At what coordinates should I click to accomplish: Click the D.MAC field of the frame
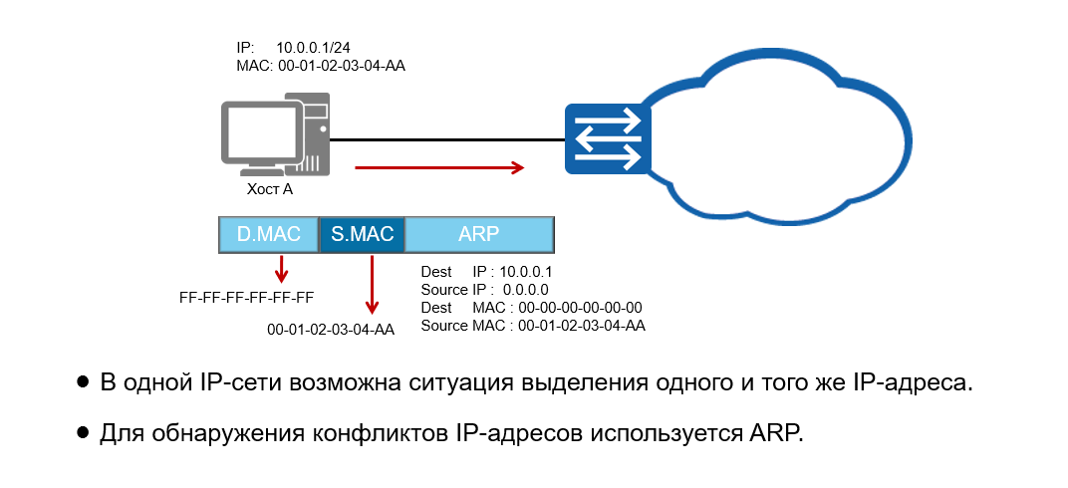(x=269, y=235)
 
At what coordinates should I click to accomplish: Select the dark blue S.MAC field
(x=363, y=235)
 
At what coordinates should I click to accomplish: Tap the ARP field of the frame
(x=479, y=235)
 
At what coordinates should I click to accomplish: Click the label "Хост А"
(x=269, y=188)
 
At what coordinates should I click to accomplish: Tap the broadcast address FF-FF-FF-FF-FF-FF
(x=247, y=297)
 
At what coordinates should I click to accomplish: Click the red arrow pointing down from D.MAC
(x=282, y=268)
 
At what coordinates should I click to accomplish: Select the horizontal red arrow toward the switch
(x=439, y=167)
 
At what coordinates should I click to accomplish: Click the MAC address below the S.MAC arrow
(x=331, y=330)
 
